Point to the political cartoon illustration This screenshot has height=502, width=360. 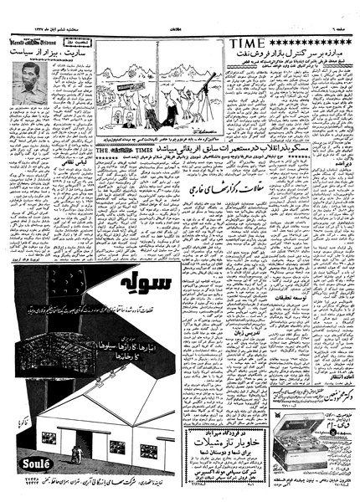pos(159,90)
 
